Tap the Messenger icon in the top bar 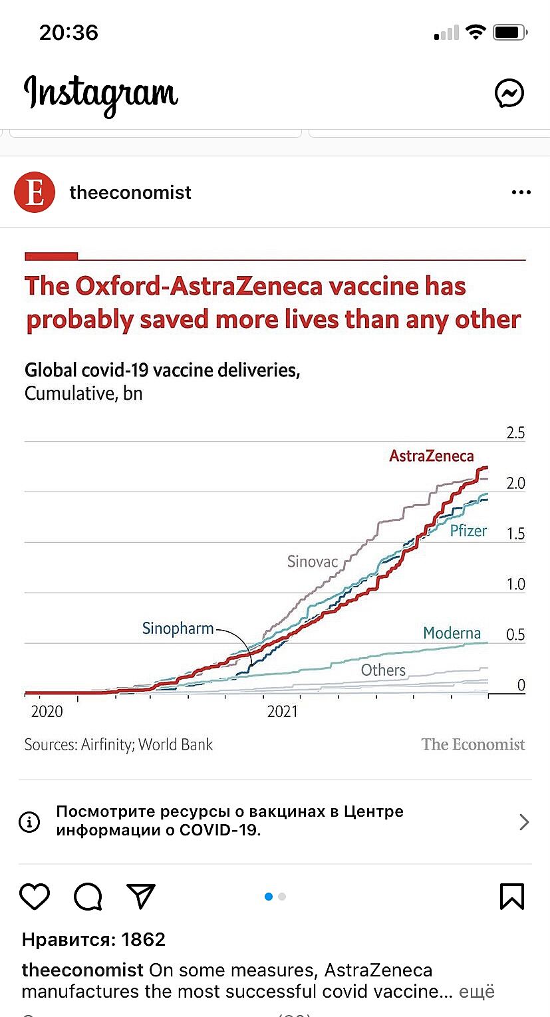tap(509, 93)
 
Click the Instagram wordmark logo tap(101, 94)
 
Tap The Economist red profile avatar tap(34, 193)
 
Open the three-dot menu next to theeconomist tap(521, 193)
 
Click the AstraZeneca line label tap(432, 456)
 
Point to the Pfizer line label tap(468, 531)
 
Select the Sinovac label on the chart tap(313, 561)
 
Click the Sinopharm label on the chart tap(178, 629)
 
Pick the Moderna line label tap(452, 633)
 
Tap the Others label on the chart tap(383, 670)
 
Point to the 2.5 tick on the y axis tap(515, 433)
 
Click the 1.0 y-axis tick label tap(515, 585)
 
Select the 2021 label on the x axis tap(283, 712)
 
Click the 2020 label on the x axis tap(47, 712)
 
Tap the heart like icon tap(35, 897)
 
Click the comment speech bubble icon tap(88, 897)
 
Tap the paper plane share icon tap(141, 897)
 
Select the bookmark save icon tap(512, 897)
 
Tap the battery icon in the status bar tap(510, 32)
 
